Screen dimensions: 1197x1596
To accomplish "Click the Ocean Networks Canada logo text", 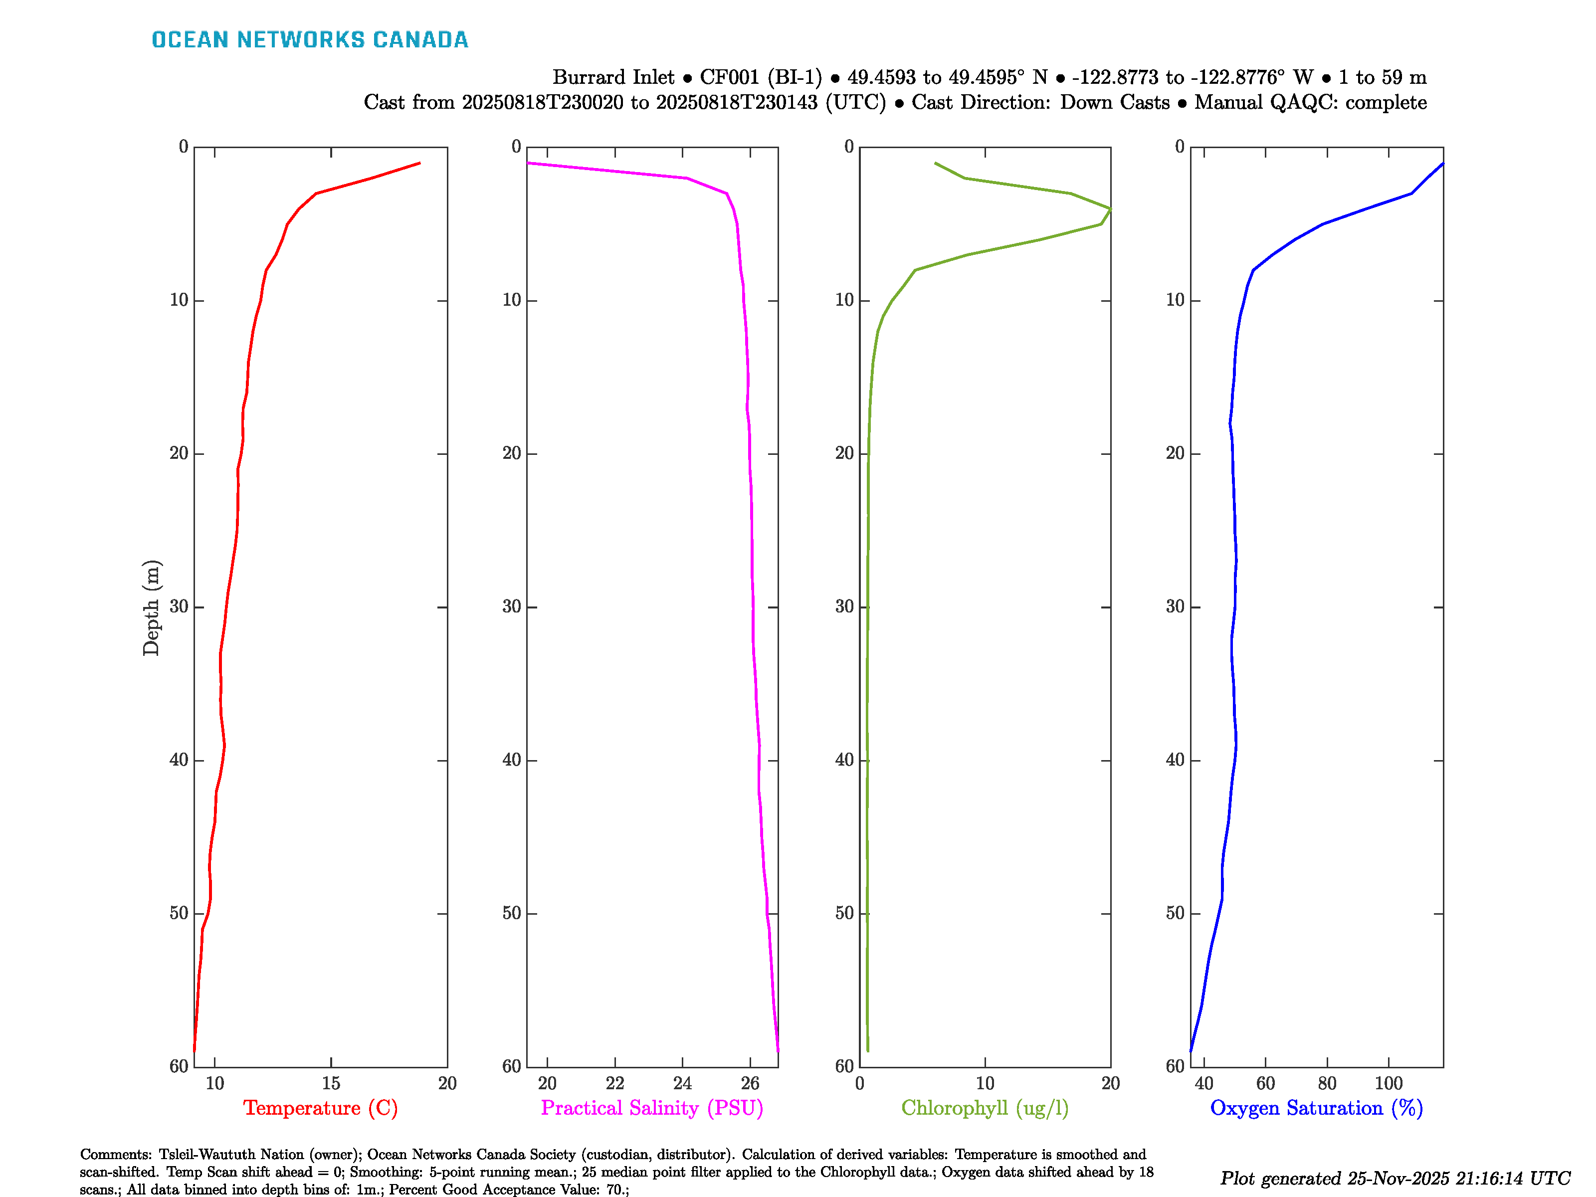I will [x=310, y=40].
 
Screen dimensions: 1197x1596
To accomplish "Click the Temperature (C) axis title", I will [x=320, y=1108].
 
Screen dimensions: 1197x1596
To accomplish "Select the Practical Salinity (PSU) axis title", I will [x=651, y=1108].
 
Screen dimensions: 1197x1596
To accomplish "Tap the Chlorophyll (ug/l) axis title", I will [x=985, y=1108].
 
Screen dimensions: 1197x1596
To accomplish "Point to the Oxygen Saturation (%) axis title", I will [x=1316, y=1108].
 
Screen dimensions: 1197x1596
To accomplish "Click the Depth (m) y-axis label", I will [x=151, y=607].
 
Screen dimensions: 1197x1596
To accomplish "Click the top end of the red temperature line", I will [x=419, y=163].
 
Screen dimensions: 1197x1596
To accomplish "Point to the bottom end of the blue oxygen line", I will [x=1191, y=1050].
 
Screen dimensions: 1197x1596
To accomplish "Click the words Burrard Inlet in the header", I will [x=613, y=77].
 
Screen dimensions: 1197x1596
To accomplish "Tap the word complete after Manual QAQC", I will [x=1386, y=102].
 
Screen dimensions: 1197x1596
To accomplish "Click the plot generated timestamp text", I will [x=1395, y=1178].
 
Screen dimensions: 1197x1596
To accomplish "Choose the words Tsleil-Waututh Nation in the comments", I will [x=228, y=1155].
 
